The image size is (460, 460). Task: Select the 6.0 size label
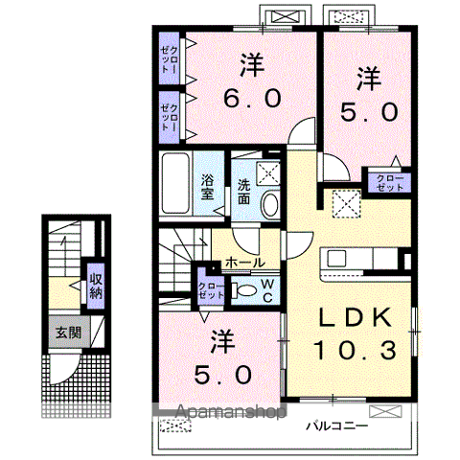(x=252, y=97)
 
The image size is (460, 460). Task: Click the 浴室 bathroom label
(x=208, y=187)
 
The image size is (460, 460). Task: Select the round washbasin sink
(x=270, y=202)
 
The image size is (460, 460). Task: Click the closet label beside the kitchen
(x=389, y=183)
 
